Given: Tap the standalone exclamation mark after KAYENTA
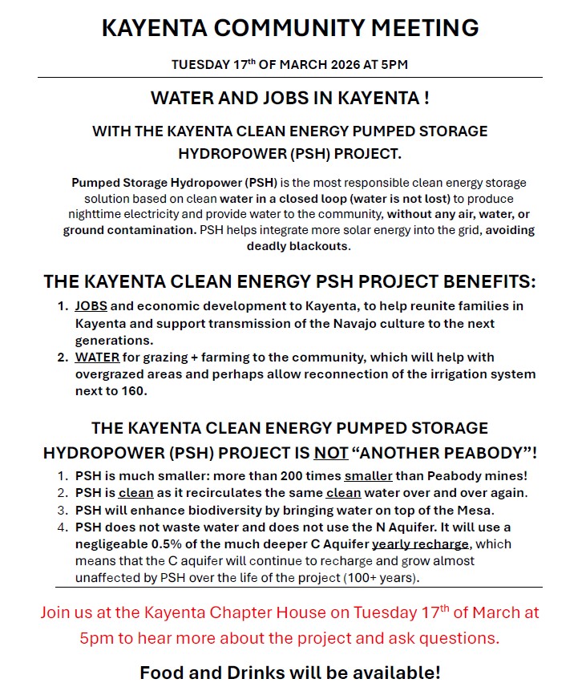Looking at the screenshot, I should point(426,99).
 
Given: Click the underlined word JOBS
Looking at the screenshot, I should point(91,306).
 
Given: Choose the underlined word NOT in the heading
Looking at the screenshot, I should point(331,452).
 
